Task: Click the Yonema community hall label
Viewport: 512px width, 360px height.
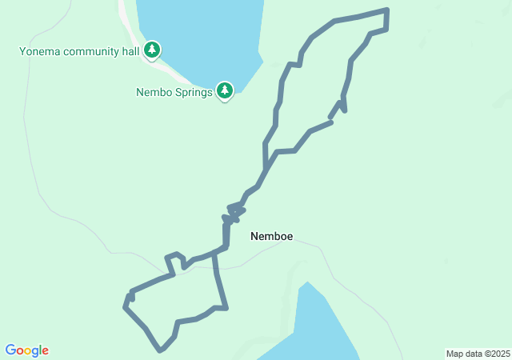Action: (x=79, y=52)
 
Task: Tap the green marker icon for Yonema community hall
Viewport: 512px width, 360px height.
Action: (x=152, y=50)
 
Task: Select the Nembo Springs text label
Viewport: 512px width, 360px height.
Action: (x=174, y=92)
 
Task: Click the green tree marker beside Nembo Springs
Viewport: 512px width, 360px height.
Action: (x=225, y=91)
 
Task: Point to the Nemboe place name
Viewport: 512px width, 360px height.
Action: (x=271, y=237)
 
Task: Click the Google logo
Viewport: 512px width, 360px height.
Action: (x=26, y=350)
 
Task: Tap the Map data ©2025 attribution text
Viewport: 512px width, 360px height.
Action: (x=478, y=354)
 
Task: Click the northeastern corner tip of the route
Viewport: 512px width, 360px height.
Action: (x=387, y=10)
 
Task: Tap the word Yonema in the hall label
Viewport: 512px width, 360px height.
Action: (x=40, y=52)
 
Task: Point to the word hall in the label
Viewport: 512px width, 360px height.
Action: (x=130, y=52)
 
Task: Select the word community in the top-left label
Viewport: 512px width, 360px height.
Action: (x=91, y=52)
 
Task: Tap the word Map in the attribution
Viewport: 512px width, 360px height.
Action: (x=454, y=354)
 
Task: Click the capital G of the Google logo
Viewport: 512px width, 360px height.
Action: (x=11, y=350)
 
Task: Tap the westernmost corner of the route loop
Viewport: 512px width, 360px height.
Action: (x=125, y=306)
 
